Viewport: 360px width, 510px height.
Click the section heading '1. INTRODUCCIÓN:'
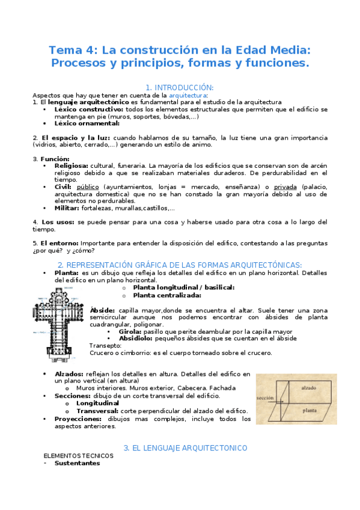point(180,87)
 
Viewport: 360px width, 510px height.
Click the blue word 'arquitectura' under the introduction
point(188,95)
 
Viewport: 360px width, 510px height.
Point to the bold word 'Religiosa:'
point(71,165)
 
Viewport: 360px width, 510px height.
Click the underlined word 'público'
point(88,187)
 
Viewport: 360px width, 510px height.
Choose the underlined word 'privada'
point(285,187)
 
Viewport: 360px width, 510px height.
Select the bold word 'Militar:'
point(67,208)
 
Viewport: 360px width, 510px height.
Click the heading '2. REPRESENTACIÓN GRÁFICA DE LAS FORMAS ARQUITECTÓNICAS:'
point(180,265)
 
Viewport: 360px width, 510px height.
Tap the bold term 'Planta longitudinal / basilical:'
point(183,287)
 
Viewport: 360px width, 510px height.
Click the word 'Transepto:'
point(105,346)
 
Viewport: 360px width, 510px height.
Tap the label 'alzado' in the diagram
point(308,389)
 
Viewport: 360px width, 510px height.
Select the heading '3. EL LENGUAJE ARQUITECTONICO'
point(185,448)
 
